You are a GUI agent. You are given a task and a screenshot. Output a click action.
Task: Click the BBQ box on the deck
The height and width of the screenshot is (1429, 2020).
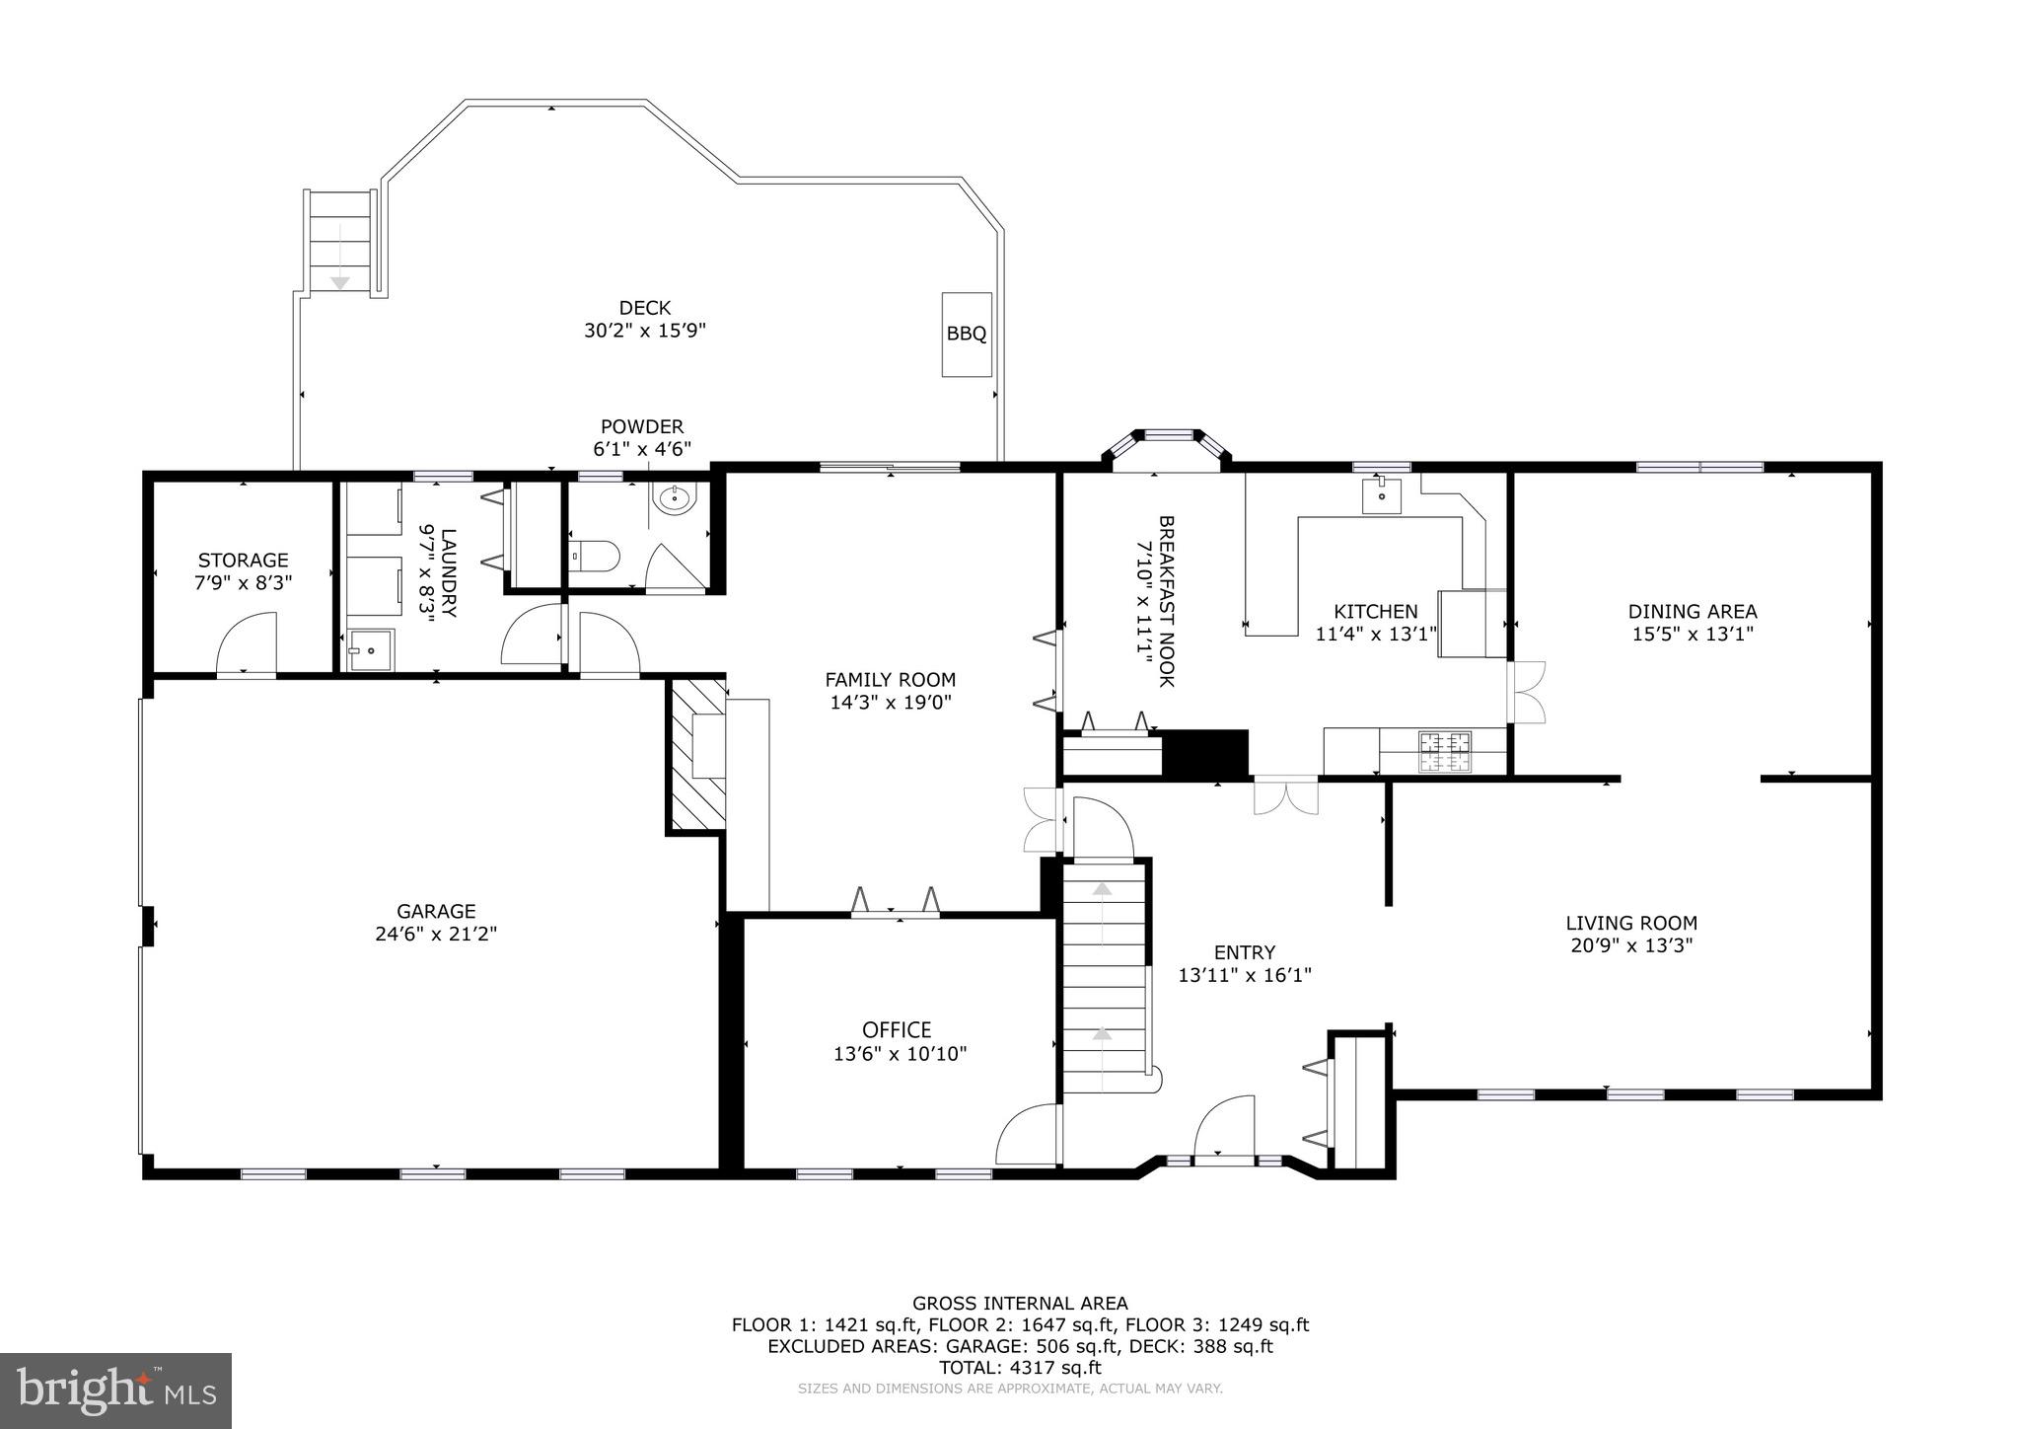[x=966, y=334]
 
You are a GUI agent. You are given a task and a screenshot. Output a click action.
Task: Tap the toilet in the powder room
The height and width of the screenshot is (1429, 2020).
[x=595, y=557]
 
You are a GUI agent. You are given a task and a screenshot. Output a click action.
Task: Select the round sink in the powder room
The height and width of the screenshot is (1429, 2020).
[x=677, y=499]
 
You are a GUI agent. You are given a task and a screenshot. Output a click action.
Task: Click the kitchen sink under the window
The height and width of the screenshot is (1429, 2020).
[x=1381, y=495]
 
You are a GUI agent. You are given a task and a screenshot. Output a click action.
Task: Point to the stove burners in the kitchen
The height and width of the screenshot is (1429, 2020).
[x=1444, y=751]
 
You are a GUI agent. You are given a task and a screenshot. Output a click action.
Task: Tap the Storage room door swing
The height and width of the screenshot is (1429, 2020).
[x=247, y=642]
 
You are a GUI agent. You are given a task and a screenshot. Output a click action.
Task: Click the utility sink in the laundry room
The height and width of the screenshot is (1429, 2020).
[x=370, y=649]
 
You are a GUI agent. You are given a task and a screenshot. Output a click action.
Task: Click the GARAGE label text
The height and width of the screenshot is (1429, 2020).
[x=436, y=912]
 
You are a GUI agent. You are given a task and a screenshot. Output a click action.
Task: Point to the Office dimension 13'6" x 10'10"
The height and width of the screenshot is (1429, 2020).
[x=900, y=1054]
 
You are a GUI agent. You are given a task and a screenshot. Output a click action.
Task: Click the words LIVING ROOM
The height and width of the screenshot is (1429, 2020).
[x=1631, y=924]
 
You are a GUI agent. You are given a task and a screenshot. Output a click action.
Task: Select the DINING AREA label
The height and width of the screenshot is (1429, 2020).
[x=1692, y=612]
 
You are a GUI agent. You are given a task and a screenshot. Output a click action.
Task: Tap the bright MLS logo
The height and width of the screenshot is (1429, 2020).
[x=115, y=1390]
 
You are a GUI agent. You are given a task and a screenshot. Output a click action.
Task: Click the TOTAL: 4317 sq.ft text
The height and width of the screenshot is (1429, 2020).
[x=1019, y=1368]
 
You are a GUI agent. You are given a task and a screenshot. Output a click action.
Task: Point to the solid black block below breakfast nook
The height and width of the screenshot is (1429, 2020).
[x=1205, y=754]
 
